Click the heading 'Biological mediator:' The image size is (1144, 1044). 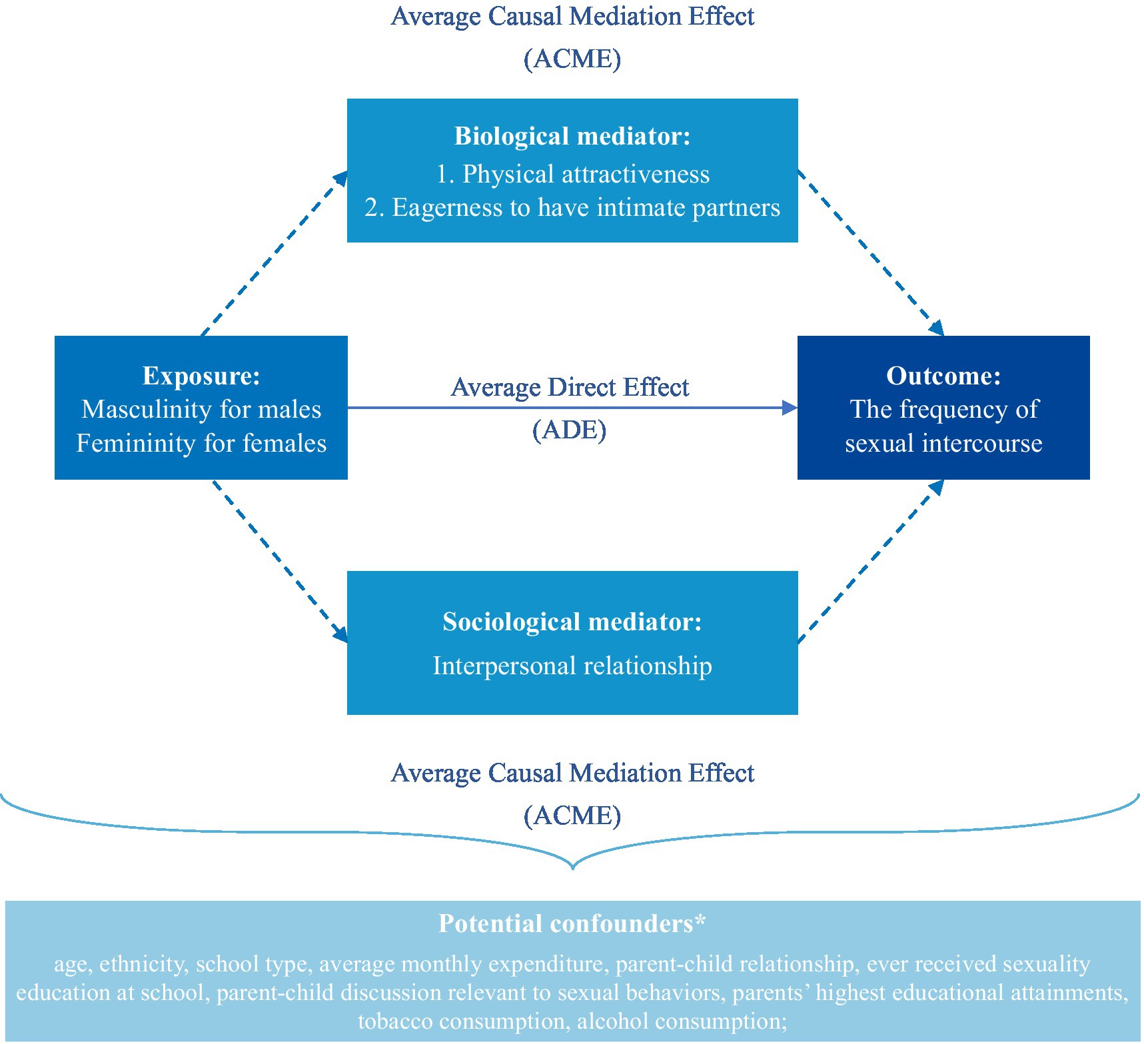pos(572,136)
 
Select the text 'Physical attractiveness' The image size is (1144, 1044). pos(586,174)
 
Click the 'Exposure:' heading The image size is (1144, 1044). pos(201,376)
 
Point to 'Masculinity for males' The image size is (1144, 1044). pos(201,409)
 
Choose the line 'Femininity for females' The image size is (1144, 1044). pos(201,443)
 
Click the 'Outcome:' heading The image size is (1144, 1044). pos(943,376)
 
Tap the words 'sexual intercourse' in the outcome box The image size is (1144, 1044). pos(943,443)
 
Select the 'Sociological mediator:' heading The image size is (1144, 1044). pos(572,622)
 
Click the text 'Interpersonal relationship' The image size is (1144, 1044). pos(572,666)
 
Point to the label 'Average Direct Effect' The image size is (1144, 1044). pos(570,387)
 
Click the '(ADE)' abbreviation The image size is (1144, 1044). pos(570,430)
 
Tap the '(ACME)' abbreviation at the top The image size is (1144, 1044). pos(572,59)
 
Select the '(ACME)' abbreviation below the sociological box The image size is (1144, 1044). pos(572,815)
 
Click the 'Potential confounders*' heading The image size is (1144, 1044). pos(572,923)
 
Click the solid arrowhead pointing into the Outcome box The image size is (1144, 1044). pos(790,408)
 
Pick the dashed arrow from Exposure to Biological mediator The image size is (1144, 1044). pos(275,253)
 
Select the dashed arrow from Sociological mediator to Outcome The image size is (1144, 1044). pos(871,562)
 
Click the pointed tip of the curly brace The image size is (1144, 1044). pos(572,869)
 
